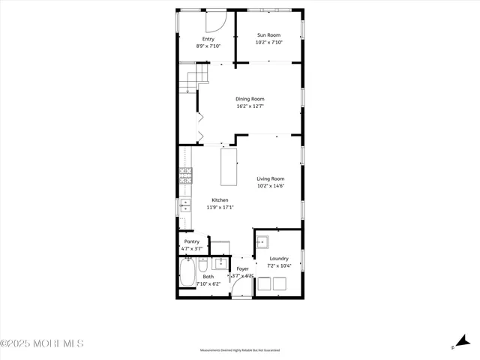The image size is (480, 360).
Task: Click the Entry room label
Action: [x=208, y=38]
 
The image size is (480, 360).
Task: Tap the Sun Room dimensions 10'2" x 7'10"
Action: [x=268, y=43]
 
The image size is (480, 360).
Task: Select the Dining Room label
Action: [x=250, y=99]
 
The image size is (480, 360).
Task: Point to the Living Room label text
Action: [x=270, y=178]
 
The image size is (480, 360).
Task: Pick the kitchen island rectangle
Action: [x=229, y=166]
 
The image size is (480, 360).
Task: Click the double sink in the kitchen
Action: [x=184, y=205]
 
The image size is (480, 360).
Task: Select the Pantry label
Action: [x=192, y=241]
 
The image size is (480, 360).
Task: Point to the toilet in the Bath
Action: [x=203, y=265]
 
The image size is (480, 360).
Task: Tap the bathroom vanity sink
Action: [x=221, y=263]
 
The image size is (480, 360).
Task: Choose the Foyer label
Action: [x=243, y=268]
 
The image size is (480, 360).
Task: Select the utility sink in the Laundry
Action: [x=262, y=241]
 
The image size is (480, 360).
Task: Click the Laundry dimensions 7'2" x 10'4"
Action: [x=279, y=266]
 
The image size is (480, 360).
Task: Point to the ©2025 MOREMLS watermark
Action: [x=42, y=344]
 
